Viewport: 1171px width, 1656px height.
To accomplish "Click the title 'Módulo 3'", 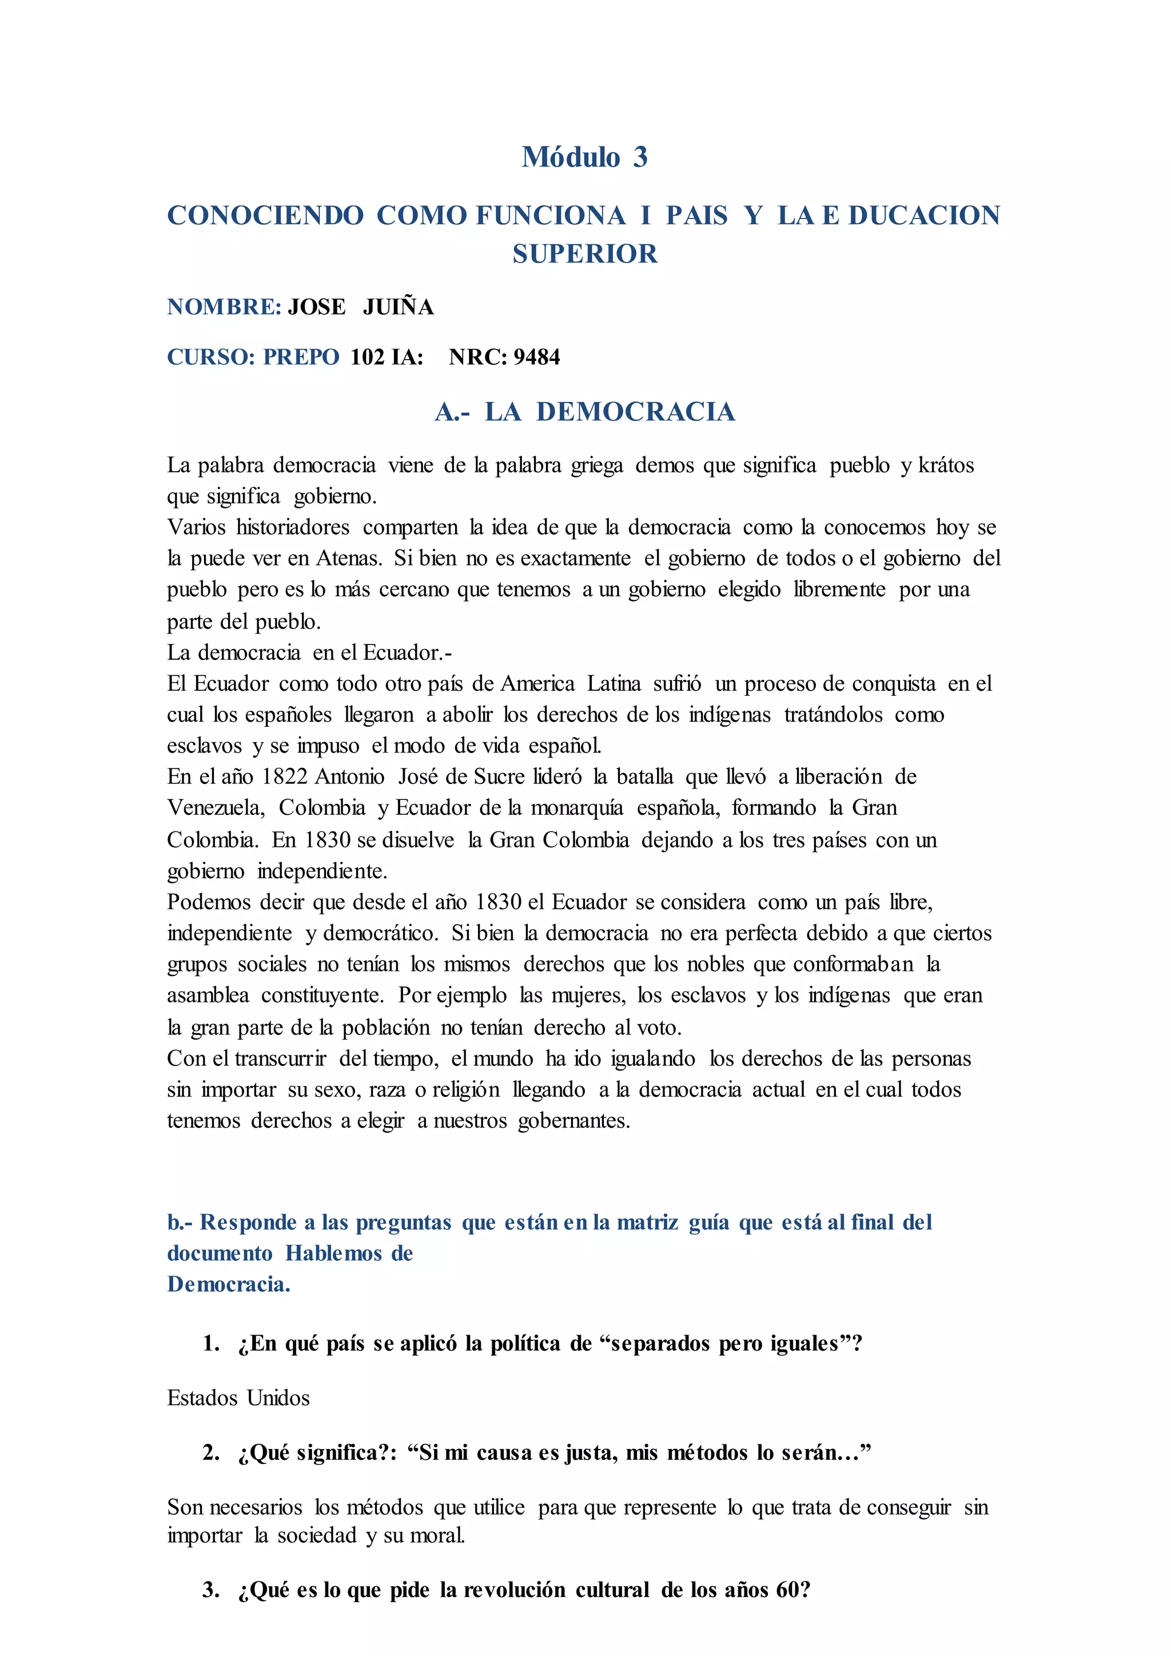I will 585,157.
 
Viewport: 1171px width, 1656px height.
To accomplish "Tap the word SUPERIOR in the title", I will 585,254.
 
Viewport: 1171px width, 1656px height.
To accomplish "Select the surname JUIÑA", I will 398,307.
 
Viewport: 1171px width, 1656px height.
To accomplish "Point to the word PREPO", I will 301,357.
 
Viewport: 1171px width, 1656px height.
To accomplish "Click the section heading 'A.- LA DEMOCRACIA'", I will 585,412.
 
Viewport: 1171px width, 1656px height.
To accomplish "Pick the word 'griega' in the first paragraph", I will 597,466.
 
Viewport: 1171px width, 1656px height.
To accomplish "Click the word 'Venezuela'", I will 215,808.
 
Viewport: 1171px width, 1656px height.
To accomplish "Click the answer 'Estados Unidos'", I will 238,1398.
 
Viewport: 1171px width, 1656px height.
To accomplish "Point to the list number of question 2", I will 210,1452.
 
